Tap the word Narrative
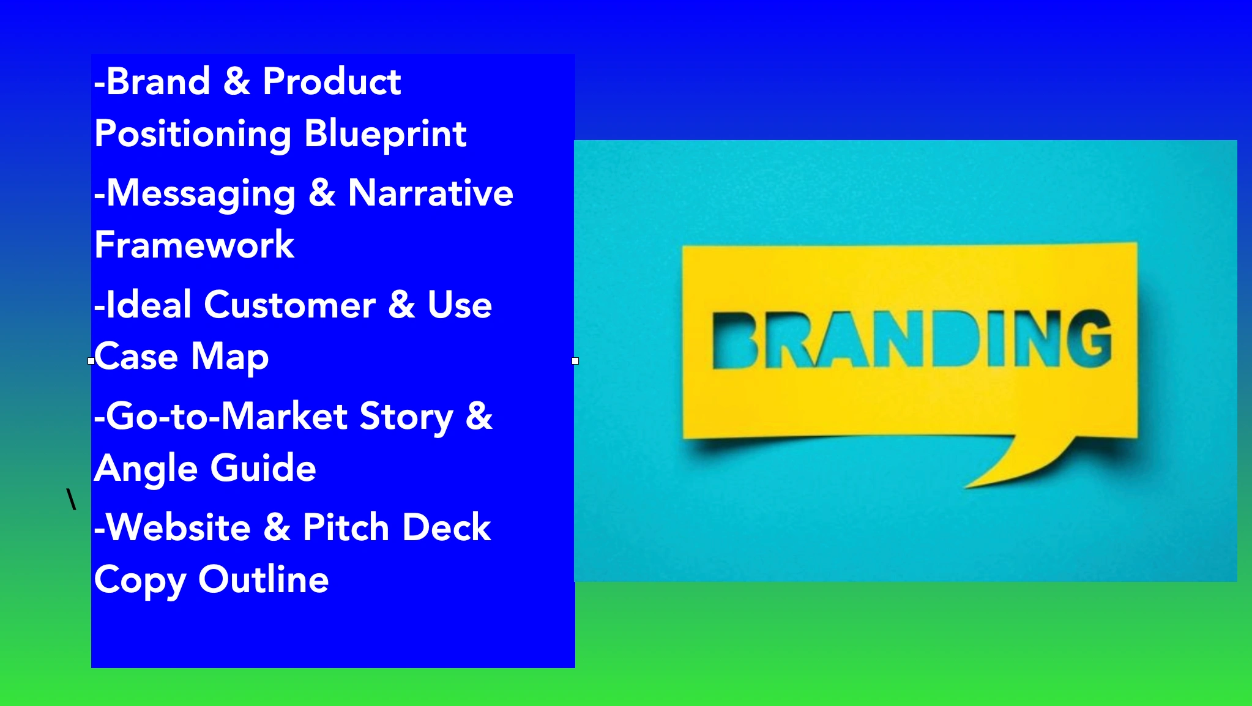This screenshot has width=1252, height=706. tap(431, 193)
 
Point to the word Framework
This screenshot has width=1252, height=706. tap(194, 245)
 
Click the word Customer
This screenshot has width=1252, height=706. tap(289, 305)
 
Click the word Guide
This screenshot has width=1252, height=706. tap(263, 468)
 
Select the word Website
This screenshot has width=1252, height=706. tap(179, 527)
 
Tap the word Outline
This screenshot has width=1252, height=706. tap(264, 579)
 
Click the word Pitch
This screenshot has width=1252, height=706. tap(346, 527)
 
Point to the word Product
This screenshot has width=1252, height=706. tap(332, 81)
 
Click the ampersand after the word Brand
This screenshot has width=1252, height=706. tap(237, 81)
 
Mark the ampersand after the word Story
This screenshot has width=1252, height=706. tap(479, 416)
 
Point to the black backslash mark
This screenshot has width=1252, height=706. tap(72, 499)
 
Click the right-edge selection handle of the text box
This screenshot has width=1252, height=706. tap(575, 361)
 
